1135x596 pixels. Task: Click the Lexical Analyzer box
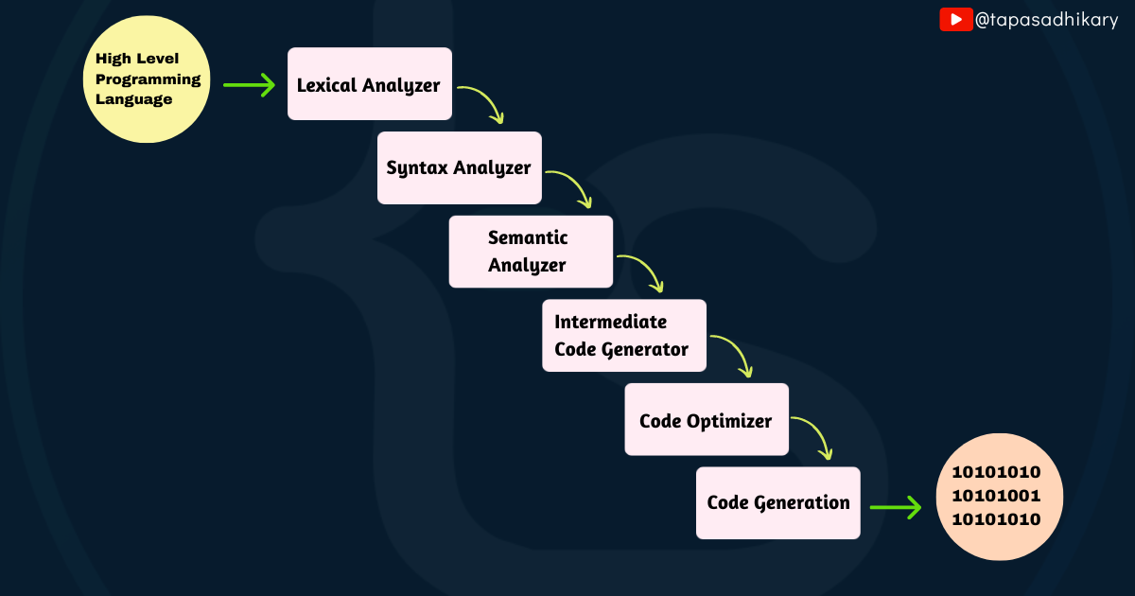pos(369,84)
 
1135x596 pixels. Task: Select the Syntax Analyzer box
pos(459,167)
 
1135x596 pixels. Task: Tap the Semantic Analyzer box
pos(530,252)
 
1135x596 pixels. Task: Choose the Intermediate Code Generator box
pos(623,335)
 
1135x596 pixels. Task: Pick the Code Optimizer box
pos(706,419)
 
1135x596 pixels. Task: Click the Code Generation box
pos(777,502)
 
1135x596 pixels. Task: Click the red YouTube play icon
pos(955,19)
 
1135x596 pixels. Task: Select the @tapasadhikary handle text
pos(1046,19)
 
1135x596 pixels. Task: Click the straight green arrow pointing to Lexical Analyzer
pos(249,85)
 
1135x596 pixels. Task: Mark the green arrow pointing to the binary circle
pos(895,508)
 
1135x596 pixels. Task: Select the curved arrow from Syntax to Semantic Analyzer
pos(572,186)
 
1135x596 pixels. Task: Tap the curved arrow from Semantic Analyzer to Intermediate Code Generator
pos(643,271)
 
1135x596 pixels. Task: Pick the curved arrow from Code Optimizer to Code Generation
pos(814,435)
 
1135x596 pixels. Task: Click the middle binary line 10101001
pos(996,496)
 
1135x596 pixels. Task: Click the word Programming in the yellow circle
pos(148,79)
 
